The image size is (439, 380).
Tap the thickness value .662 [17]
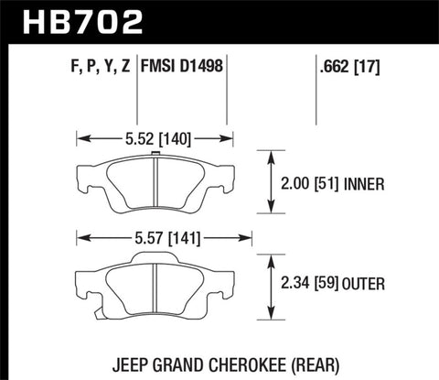[x=342, y=67]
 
